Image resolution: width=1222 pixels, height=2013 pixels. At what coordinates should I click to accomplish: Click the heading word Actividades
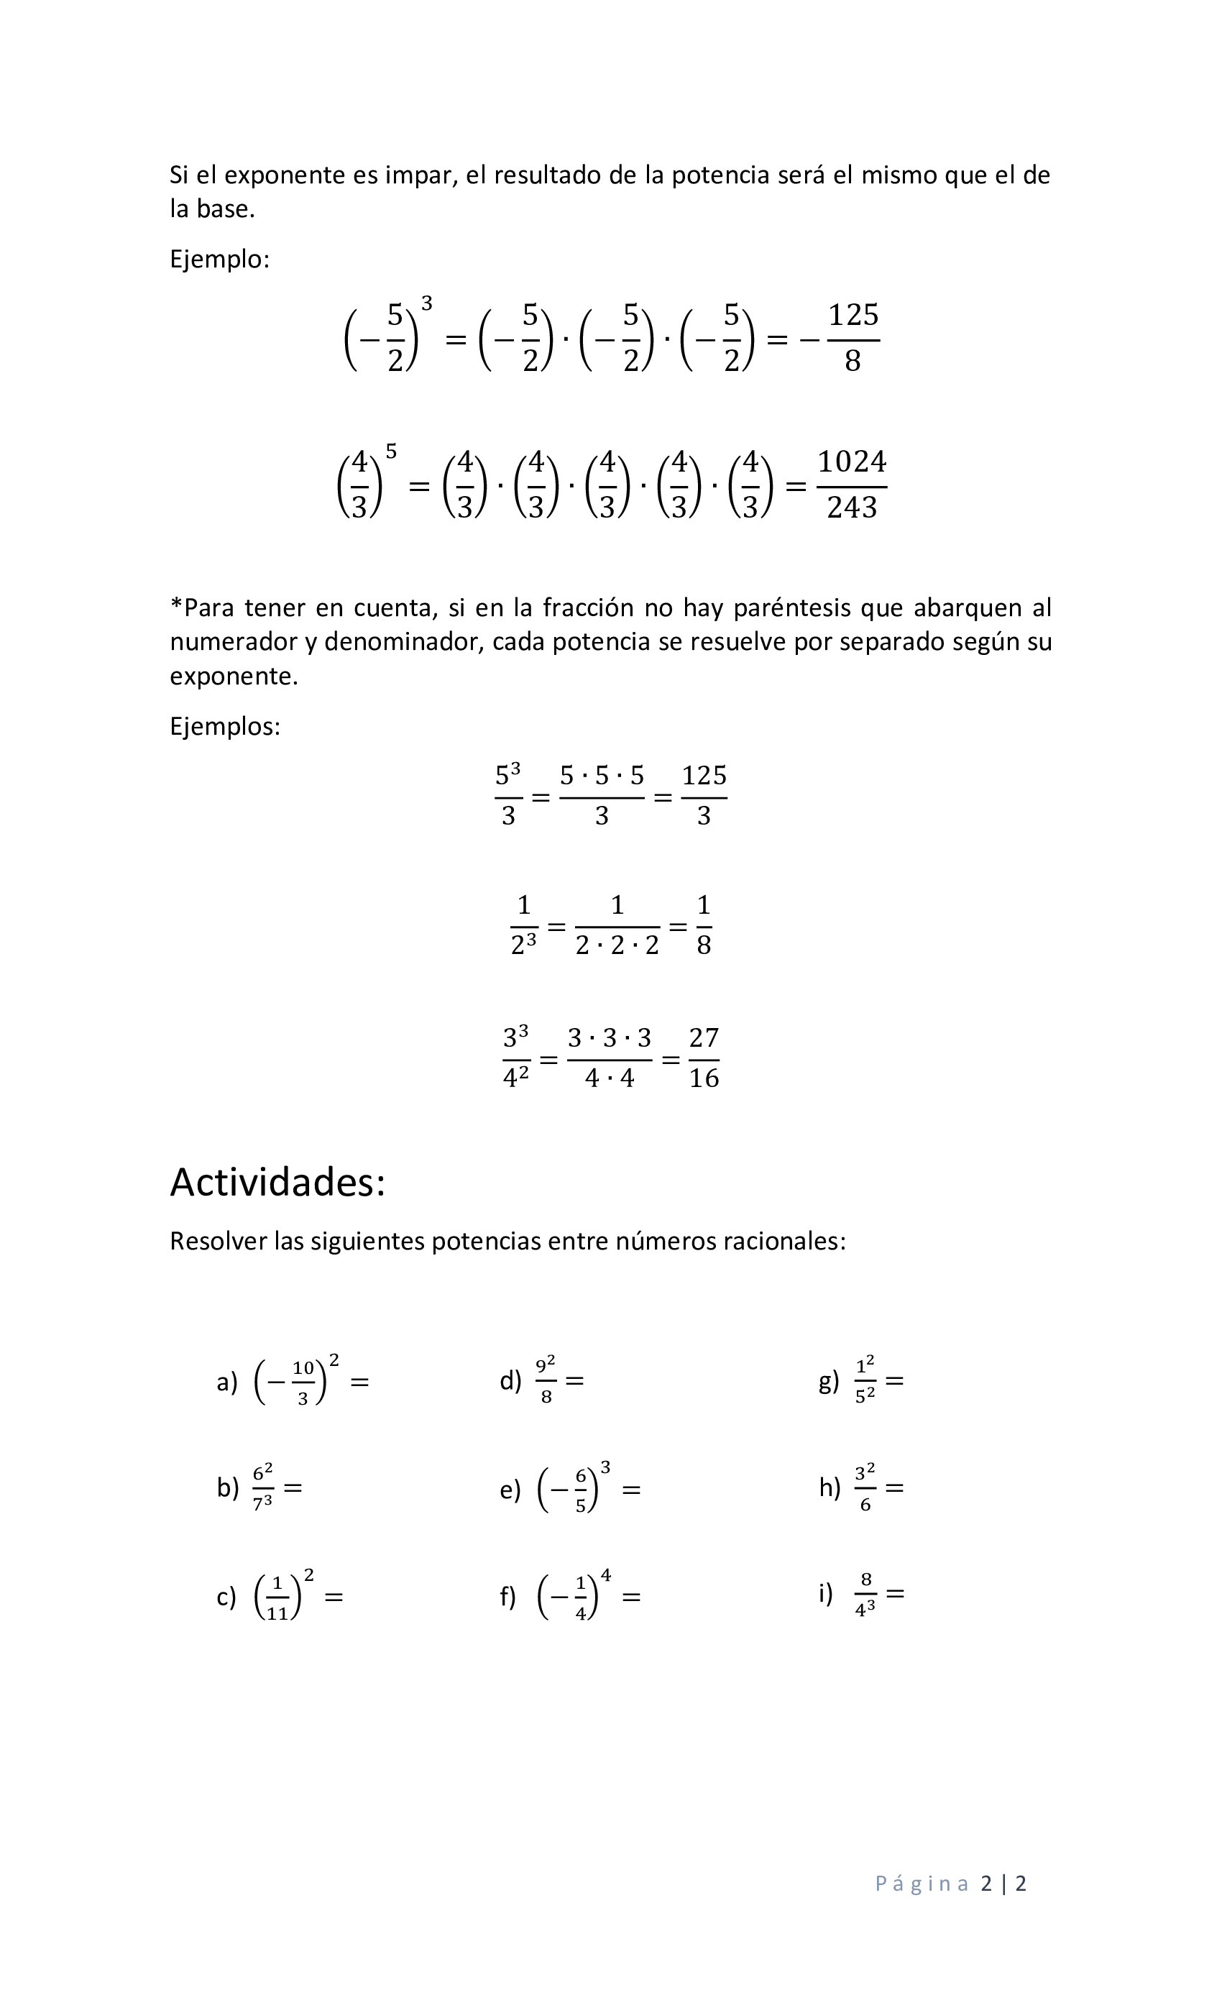point(277,1182)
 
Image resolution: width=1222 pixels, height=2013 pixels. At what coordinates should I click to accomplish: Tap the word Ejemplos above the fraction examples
point(224,725)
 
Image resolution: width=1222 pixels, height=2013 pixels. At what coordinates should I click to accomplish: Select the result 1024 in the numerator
point(851,462)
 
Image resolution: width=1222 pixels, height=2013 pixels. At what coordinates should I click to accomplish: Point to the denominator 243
point(851,508)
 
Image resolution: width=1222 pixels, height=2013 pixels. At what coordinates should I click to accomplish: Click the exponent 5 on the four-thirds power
point(391,451)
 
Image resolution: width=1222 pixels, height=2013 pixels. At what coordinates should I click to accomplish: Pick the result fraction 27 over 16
point(703,1058)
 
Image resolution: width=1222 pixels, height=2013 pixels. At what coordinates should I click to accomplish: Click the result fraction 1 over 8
point(703,926)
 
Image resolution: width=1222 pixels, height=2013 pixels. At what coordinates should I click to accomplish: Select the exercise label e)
point(510,1490)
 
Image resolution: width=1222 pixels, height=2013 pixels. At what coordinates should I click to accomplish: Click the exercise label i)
point(825,1592)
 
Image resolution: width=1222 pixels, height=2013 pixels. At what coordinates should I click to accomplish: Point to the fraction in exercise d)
point(546,1380)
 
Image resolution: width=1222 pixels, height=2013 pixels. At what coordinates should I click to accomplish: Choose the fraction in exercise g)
point(864,1380)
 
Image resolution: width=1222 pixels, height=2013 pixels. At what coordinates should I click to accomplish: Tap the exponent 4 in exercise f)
point(605,1575)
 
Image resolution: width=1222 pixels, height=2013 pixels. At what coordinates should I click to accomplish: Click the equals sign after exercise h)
point(894,1487)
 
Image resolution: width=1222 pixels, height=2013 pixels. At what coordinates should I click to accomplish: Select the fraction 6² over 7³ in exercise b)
point(262,1487)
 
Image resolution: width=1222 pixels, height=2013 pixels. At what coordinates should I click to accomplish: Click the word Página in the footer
point(922,1882)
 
